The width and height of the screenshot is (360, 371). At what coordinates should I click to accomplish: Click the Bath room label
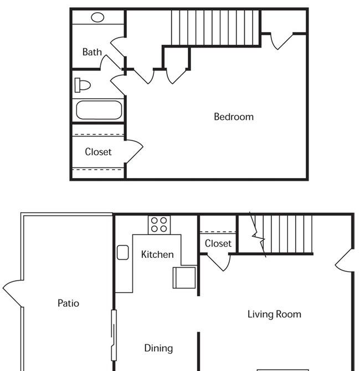[x=92, y=52]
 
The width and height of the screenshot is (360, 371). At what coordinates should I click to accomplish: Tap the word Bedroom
[x=234, y=116]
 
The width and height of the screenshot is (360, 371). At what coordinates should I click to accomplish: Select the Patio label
[x=68, y=303]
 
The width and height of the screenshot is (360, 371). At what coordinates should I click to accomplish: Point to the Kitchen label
[x=157, y=255]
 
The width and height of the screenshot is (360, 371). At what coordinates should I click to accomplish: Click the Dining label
[x=158, y=348]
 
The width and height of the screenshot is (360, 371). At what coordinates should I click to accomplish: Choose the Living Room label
[x=274, y=314]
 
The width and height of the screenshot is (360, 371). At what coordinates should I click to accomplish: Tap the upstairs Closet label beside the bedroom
[x=98, y=151]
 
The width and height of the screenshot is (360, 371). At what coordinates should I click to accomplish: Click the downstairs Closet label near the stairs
[x=218, y=243]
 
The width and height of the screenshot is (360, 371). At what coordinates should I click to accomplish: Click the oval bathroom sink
[x=97, y=17]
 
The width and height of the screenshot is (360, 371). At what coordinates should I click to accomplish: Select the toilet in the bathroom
[x=83, y=85]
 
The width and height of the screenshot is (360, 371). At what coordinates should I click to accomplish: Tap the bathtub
[x=99, y=110]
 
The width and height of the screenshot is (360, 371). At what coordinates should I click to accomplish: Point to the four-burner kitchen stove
[x=159, y=225]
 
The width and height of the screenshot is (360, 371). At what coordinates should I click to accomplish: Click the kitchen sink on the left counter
[x=123, y=252]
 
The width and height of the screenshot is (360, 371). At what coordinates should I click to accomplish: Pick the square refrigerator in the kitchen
[x=184, y=277]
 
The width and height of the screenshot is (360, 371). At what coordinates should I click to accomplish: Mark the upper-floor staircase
[x=215, y=27]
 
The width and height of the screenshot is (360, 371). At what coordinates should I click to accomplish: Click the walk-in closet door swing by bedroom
[x=134, y=151]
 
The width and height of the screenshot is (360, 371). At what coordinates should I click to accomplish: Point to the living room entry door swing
[x=344, y=260]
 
